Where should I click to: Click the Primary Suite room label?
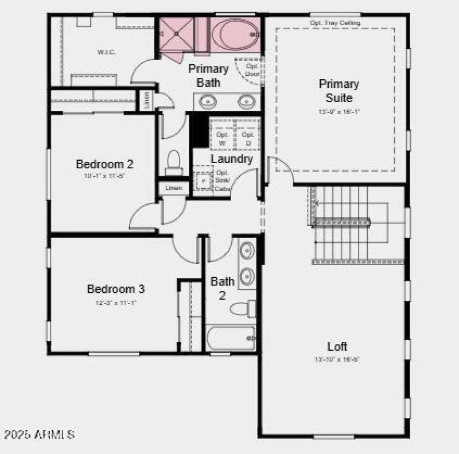(x=339, y=91)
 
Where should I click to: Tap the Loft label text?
(x=337, y=347)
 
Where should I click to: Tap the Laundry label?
(x=231, y=159)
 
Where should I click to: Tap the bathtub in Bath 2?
(x=230, y=338)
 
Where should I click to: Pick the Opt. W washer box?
(x=222, y=138)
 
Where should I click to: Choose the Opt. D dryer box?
(x=247, y=138)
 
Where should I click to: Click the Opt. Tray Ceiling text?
(x=335, y=23)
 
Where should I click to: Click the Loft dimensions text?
(x=337, y=360)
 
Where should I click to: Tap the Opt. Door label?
(x=252, y=69)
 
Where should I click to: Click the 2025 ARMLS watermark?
(x=38, y=434)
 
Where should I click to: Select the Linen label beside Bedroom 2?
(x=174, y=188)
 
